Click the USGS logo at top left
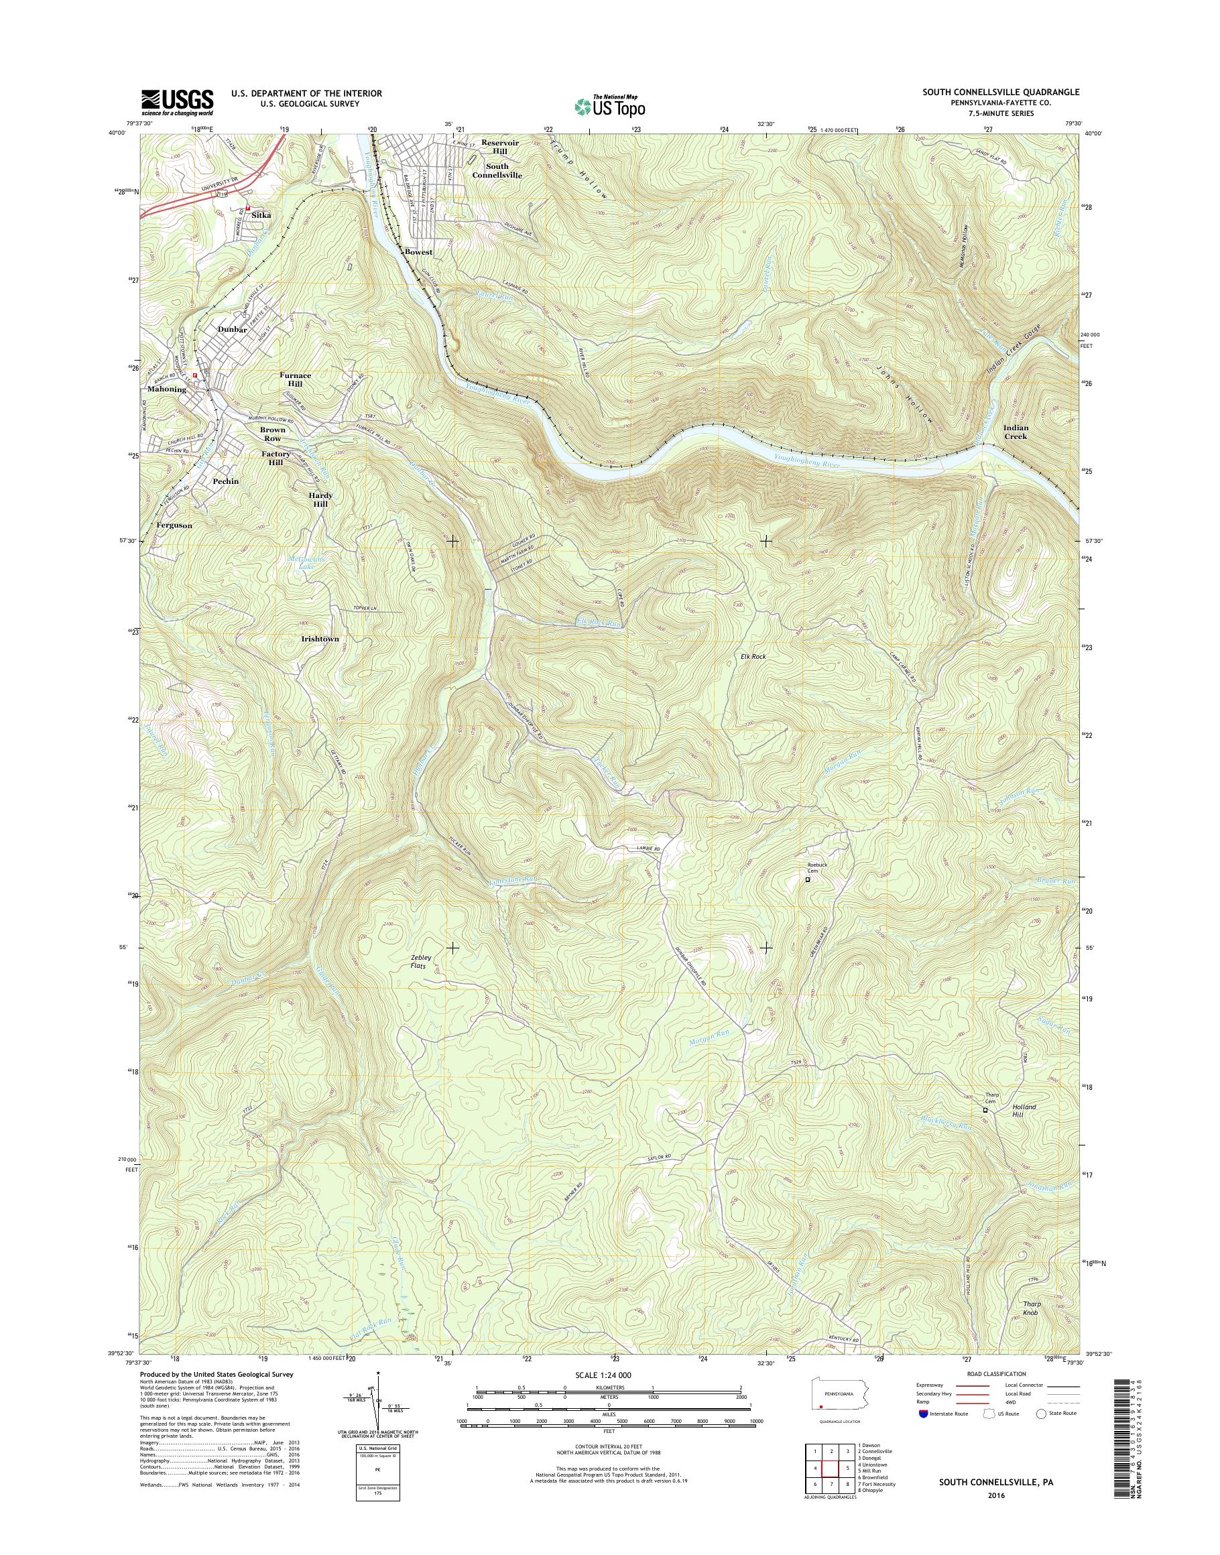pyautogui.click(x=177, y=101)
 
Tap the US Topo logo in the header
pyautogui.click(x=609, y=107)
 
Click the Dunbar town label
pyautogui.click(x=232, y=330)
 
